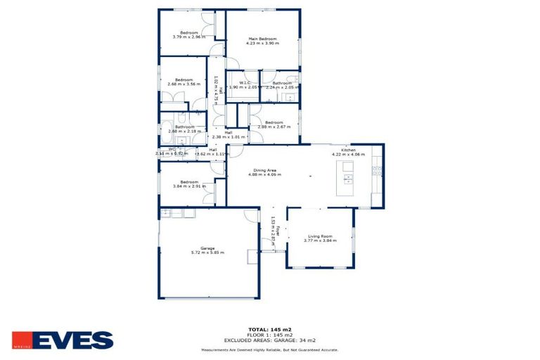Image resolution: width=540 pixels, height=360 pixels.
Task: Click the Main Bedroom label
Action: (x=262, y=39)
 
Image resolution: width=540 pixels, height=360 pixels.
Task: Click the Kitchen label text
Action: (x=349, y=150)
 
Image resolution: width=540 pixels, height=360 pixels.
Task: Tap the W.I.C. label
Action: (x=245, y=83)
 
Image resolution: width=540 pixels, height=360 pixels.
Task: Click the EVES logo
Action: (x=63, y=341)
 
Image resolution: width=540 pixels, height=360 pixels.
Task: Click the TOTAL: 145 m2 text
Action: (x=270, y=329)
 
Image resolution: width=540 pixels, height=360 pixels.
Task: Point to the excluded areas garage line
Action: (x=270, y=340)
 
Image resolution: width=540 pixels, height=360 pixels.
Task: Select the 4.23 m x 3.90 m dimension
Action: (x=262, y=44)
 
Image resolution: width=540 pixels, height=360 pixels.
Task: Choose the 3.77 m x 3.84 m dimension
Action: (x=321, y=241)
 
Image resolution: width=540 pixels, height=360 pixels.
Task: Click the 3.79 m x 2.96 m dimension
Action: (x=189, y=37)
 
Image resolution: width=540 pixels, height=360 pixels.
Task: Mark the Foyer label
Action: (x=278, y=229)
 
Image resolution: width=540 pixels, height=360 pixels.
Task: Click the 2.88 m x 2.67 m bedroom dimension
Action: (x=274, y=127)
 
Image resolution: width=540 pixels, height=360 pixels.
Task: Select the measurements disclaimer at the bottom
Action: (x=270, y=349)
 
